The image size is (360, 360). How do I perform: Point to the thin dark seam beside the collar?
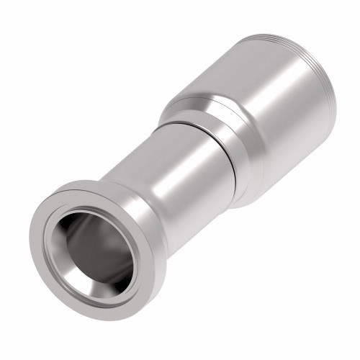coord(232,155)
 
